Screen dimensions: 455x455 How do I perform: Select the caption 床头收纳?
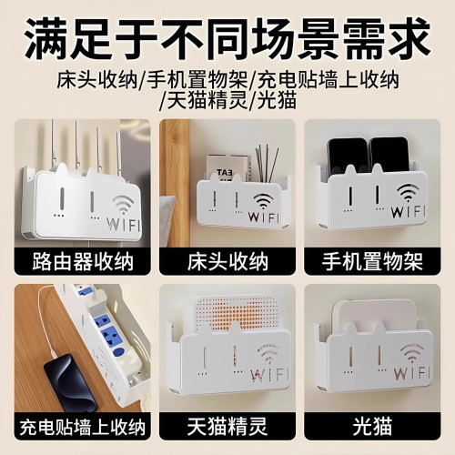click(x=227, y=263)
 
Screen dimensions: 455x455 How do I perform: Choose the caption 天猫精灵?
click(x=227, y=426)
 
